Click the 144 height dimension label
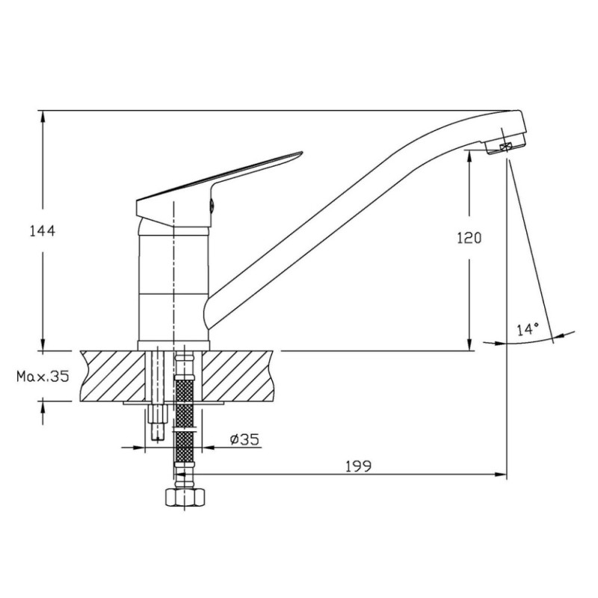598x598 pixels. click(x=43, y=231)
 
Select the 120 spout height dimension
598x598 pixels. click(x=469, y=238)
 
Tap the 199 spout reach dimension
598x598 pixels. click(x=358, y=466)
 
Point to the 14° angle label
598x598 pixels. click(x=528, y=329)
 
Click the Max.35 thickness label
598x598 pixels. click(x=43, y=377)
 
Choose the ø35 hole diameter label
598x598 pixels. click(x=244, y=440)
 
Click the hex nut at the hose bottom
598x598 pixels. click(x=185, y=497)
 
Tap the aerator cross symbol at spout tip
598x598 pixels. click(x=506, y=147)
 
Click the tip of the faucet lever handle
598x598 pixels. click(x=302, y=153)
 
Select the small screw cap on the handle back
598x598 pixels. click(x=212, y=206)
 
